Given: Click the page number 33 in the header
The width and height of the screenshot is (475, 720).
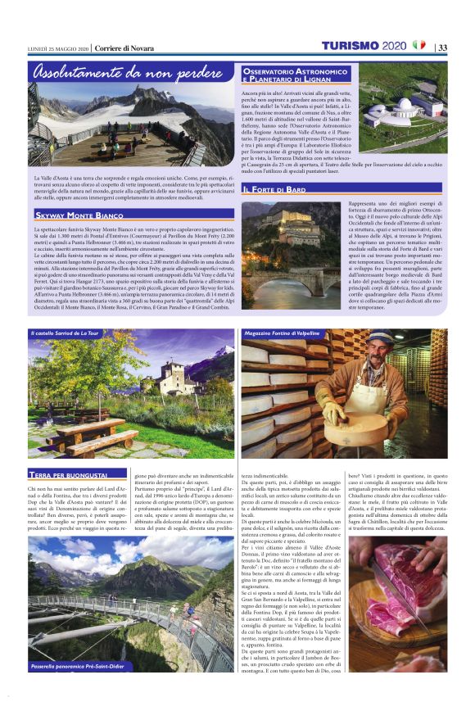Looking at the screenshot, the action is [x=442, y=47].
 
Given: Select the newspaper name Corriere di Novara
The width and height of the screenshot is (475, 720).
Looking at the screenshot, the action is [x=123, y=48].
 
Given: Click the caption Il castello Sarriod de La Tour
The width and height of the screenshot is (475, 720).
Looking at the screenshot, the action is [x=66, y=334].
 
